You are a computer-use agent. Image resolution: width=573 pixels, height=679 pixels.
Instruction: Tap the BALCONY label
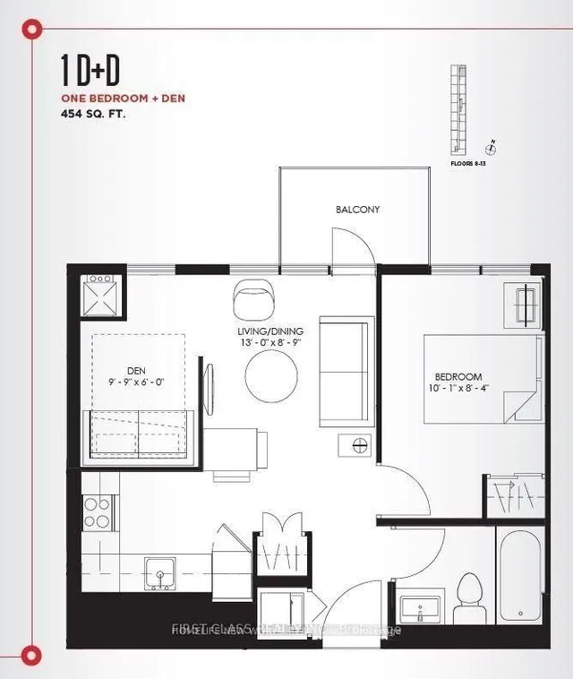click(358, 210)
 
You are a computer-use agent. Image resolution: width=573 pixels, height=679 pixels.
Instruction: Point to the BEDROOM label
click(459, 377)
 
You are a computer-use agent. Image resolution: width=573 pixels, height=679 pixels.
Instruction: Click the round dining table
click(272, 375)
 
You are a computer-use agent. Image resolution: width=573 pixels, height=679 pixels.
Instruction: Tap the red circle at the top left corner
click(34, 30)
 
